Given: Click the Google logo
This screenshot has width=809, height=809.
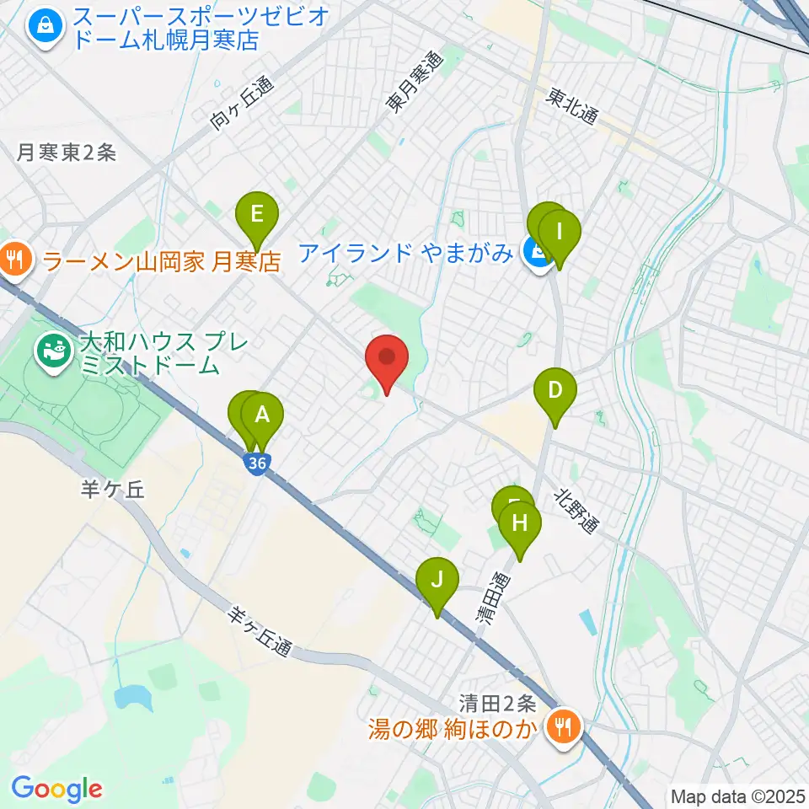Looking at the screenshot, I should coord(56,789).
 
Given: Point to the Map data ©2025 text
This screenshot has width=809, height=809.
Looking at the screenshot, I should coord(738,796).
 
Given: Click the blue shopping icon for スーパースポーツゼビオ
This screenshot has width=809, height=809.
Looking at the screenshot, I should coord(42,26).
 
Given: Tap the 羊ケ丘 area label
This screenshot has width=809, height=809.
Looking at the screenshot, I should coord(114,490).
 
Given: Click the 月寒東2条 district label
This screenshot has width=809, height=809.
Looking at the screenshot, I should coord(67,153).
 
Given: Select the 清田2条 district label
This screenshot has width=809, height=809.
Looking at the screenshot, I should coord(497,701).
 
